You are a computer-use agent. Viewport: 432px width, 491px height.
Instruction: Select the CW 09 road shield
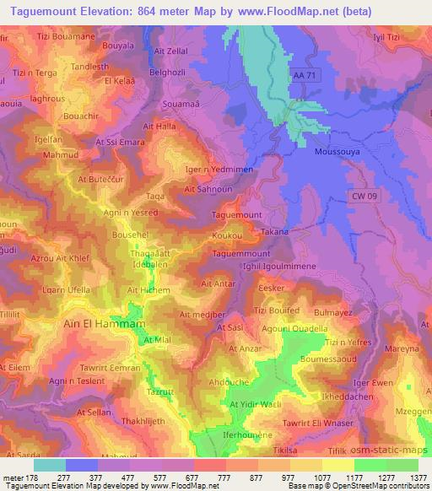(x=364, y=196)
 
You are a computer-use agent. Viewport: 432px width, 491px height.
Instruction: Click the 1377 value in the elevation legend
(x=417, y=477)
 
